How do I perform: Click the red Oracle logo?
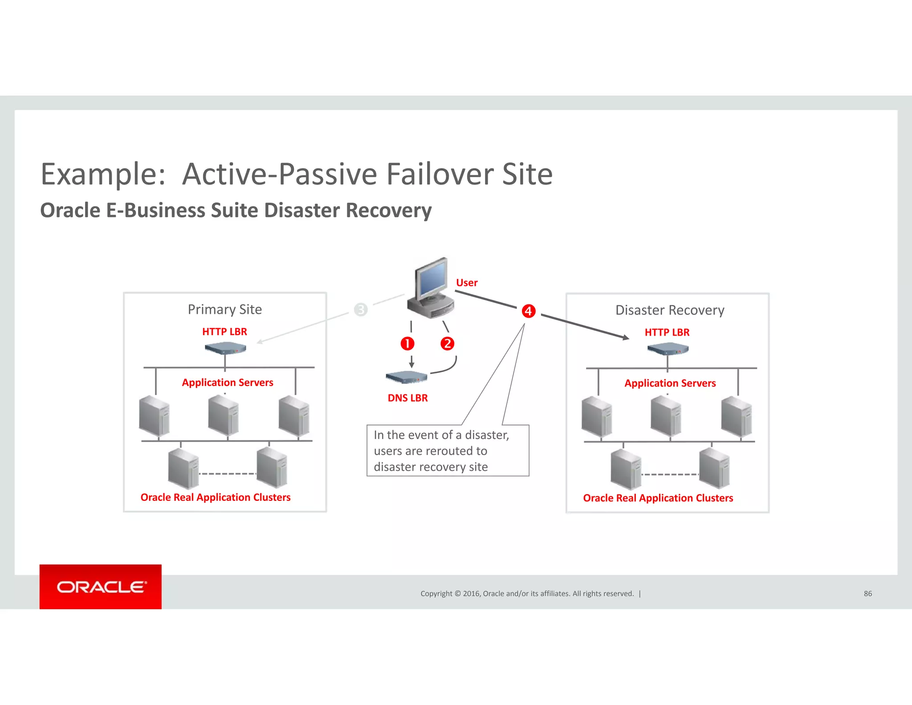(x=101, y=586)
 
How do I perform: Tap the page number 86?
(x=867, y=594)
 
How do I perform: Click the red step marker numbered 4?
(x=528, y=311)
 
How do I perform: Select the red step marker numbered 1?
(x=407, y=344)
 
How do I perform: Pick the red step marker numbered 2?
(x=447, y=344)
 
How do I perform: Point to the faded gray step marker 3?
(x=361, y=309)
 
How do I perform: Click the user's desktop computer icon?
(x=430, y=287)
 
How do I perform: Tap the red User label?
(x=466, y=283)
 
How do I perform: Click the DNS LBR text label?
(x=407, y=398)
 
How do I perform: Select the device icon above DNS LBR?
(x=406, y=377)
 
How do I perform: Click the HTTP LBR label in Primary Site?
(x=224, y=332)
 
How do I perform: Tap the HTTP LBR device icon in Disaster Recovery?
(x=668, y=348)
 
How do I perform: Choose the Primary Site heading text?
(x=224, y=309)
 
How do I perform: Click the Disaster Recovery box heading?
(x=669, y=310)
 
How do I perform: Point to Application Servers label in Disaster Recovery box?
(x=670, y=383)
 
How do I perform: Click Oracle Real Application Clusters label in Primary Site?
(x=216, y=497)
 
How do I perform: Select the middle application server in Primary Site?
(x=224, y=415)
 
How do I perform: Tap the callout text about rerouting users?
(x=441, y=451)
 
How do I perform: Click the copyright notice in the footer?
(x=527, y=594)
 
